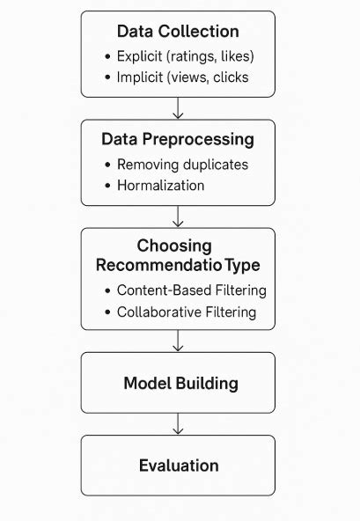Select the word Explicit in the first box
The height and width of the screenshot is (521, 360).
point(140,57)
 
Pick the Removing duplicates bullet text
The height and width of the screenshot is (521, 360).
point(183,164)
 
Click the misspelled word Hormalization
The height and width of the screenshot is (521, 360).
point(162,186)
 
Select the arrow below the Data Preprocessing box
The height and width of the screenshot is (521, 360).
point(178,216)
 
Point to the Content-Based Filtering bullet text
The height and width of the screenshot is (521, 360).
point(192,290)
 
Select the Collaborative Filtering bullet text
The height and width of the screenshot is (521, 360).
point(187,311)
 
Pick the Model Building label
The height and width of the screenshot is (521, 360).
point(180,383)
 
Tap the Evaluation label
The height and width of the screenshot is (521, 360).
point(179,465)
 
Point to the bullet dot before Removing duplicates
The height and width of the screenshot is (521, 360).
point(107,165)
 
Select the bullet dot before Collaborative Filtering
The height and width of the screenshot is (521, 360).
point(107,312)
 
